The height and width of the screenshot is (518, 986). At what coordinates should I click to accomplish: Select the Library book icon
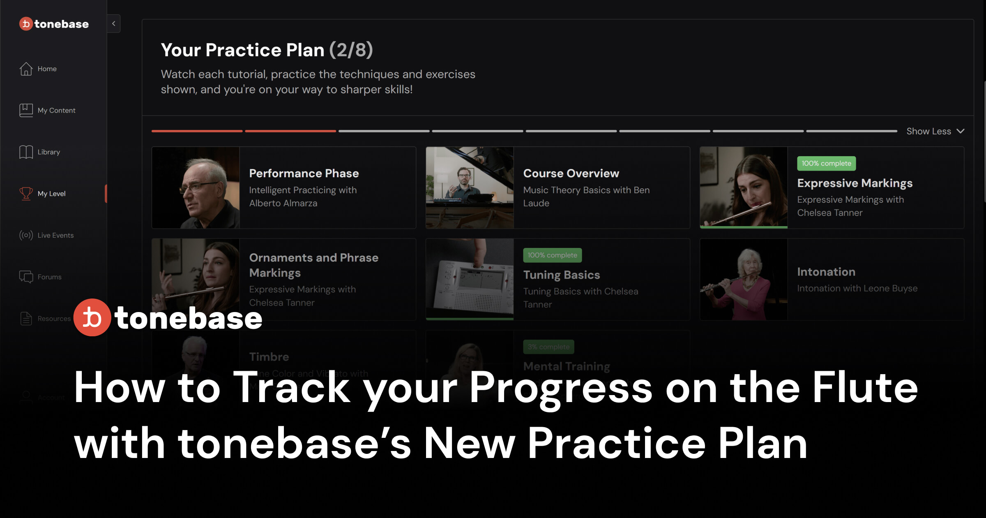click(26, 152)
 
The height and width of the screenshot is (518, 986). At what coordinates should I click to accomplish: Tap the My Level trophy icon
click(26, 193)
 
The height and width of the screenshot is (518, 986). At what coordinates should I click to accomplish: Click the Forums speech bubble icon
click(26, 277)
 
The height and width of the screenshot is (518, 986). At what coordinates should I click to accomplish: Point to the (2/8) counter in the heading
click(351, 50)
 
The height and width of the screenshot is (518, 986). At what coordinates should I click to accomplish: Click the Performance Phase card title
click(304, 173)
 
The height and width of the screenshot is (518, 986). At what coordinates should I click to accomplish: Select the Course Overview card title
click(571, 173)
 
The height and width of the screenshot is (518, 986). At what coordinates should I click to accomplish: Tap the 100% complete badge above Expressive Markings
click(826, 163)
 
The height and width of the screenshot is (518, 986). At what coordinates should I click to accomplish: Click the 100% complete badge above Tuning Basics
click(552, 255)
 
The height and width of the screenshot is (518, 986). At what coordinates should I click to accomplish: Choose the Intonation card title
click(826, 272)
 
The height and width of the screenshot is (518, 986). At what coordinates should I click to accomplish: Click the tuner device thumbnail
click(470, 279)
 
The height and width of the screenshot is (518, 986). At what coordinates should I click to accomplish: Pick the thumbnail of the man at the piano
click(470, 187)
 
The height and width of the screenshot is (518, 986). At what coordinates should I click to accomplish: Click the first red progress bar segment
click(197, 131)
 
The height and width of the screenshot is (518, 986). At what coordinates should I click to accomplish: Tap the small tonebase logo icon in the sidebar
click(26, 24)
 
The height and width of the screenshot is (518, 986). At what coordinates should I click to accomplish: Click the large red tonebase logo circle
click(92, 317)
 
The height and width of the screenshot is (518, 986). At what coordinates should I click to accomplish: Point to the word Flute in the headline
click(865, 387)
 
